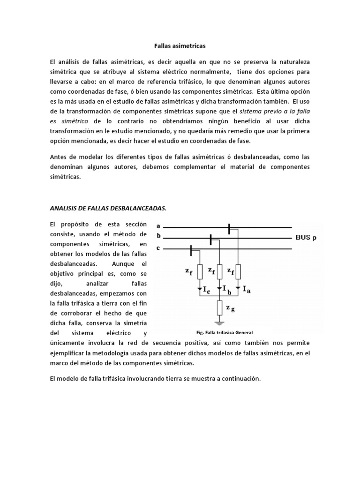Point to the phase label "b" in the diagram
pos(158,237)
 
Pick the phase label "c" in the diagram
pos(158,247)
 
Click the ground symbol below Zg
pos(219,323)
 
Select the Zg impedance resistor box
pos(219,307)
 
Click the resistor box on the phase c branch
pos(200,271)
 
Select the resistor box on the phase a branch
pos(238,271)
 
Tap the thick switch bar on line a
pos(229,229)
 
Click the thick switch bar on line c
pos(191,250)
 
